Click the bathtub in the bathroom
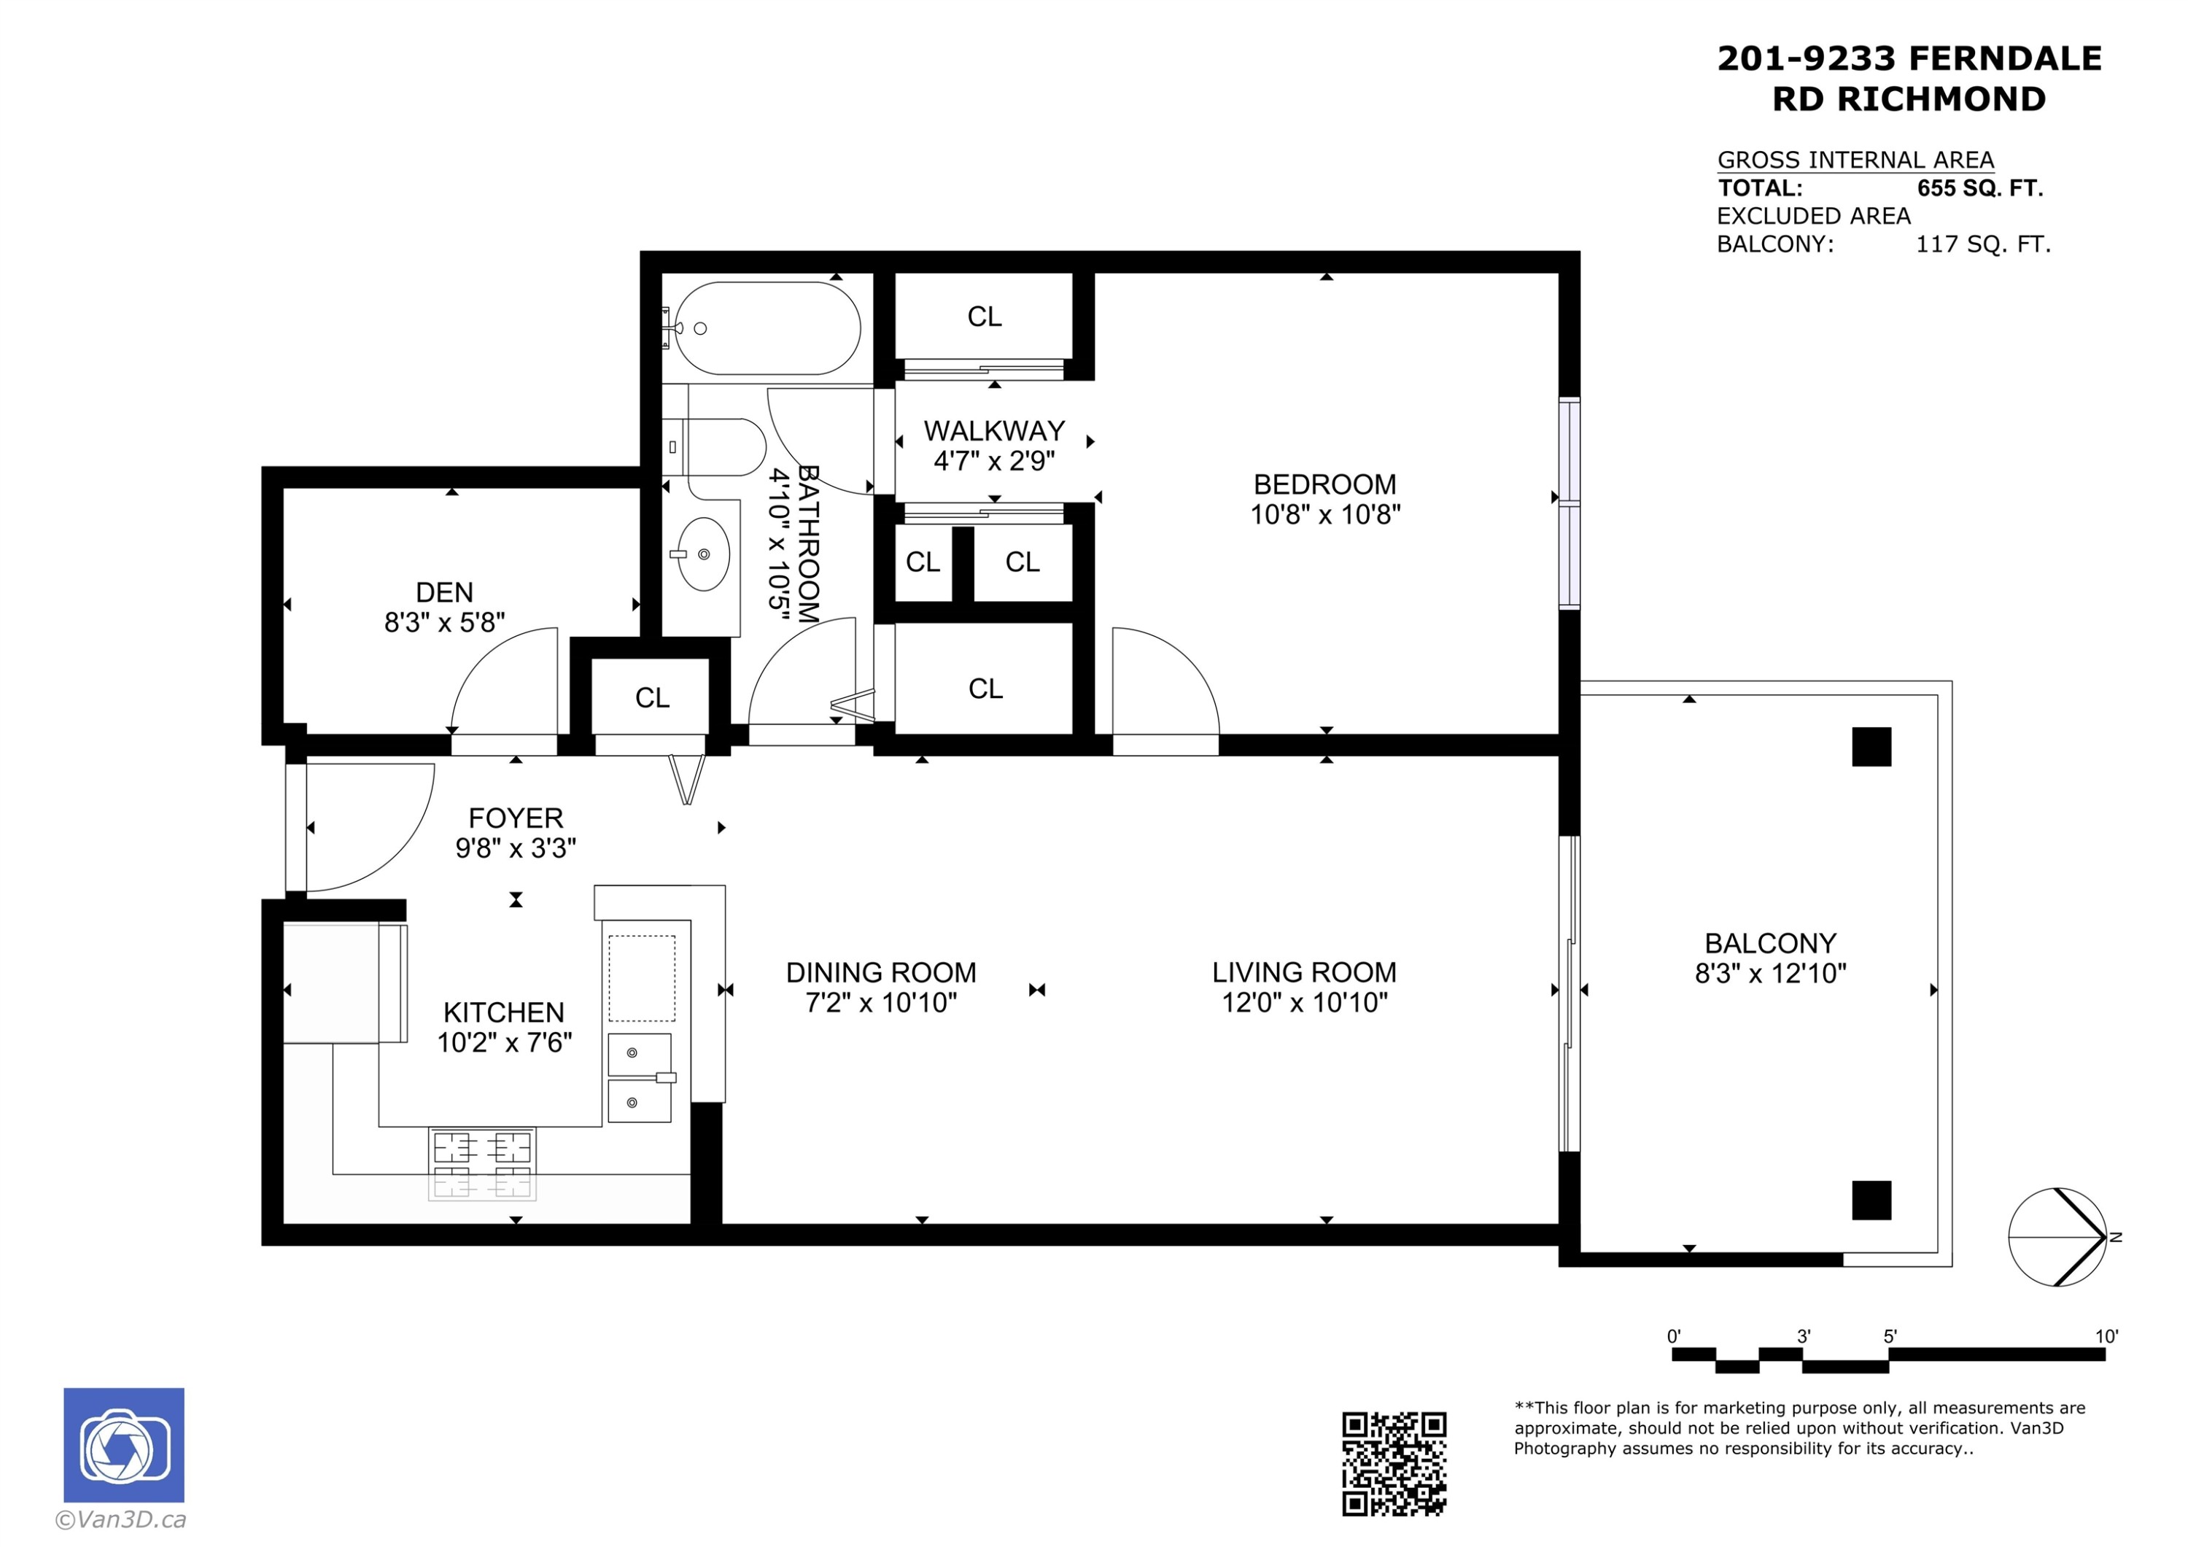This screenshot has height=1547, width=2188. (x=767, y=328)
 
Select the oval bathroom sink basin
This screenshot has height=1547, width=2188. (x=703, y=554)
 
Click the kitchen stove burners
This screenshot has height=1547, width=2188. (x=482, y=1163)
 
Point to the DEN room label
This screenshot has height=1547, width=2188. (x=444, y=592)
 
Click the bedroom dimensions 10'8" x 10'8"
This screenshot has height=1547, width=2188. (x=1324, y=515)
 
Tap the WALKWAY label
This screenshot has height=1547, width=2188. (x=994, y=431)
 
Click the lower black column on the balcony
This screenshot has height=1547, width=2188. (x=1871, y=1200)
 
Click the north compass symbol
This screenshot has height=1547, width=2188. (x=2057, y=1237)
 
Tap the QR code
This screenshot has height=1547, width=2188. (x=1393, y=1463)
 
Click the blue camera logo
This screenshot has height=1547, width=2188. (x=124, y=1445)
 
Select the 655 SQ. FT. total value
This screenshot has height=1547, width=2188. (x=1979, y=187)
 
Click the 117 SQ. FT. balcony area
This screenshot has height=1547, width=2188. (x=1982, y=244)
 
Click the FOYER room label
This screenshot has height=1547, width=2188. (x=516, y=818)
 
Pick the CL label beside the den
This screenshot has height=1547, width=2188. (x=652, y=698)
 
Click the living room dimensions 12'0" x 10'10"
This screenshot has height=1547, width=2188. (x=1303, y=1001)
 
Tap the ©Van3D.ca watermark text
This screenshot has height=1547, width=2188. (x=121, y=1519)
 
